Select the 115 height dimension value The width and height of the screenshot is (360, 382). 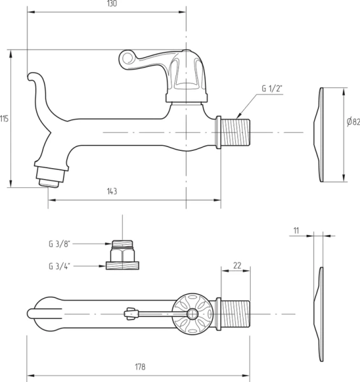click(x=4, y=118)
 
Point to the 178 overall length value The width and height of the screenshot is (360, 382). click(x=140, y=367)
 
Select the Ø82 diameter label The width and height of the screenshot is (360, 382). click(x=354, y=122)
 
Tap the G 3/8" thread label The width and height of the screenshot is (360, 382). click(x=59, y=243)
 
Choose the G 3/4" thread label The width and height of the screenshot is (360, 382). click(x=59, y=265)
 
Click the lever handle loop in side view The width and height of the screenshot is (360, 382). click(x=127, y=60)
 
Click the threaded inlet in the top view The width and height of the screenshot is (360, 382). click(x=233, y=314)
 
